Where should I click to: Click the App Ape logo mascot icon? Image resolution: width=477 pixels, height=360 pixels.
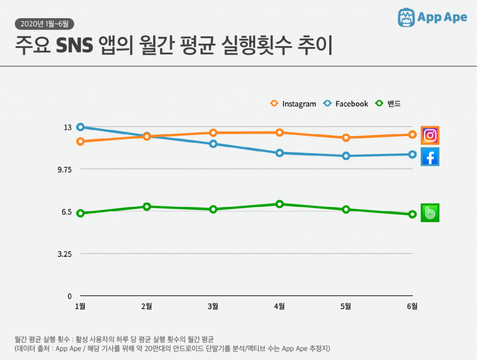[x=406, y=17]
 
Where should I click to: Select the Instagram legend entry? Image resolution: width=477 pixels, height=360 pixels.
[x=293, y=104]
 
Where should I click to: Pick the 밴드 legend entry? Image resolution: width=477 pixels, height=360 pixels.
[x=388, y=104]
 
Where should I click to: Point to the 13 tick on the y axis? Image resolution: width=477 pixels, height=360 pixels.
[x=67, y=127]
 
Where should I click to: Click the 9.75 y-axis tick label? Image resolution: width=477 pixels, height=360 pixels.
[x=64, y=170]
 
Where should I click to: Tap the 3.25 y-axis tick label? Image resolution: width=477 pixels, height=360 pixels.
[x=64, y=254]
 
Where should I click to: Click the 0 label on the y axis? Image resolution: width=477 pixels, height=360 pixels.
[x=69, y=296]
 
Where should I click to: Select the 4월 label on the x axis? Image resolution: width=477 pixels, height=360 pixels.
[x=279, y=306]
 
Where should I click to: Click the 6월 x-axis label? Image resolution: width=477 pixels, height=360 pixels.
[x=412, y=306]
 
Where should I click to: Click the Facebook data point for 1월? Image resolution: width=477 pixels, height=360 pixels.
[x=80, y=127]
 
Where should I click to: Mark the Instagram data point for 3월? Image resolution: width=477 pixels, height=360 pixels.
[x=213, y=133]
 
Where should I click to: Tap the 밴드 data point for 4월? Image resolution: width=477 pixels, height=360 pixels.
[x=279, y=204]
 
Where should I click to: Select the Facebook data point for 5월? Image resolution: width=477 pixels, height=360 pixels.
[x=346, y=156]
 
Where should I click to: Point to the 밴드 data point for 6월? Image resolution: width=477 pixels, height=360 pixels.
[x=412, y=214]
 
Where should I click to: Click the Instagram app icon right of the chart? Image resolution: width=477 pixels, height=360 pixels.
[x=430, y=136]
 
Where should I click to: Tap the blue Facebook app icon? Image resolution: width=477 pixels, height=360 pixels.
[x=430, y=157]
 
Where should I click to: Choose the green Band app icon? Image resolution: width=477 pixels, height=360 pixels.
[x=430, y=213]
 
